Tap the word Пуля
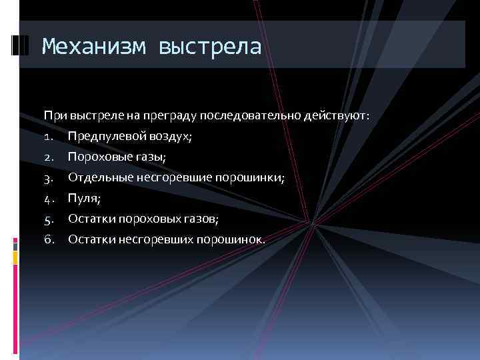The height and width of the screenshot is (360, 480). (83, 199)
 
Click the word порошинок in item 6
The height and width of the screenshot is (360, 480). (230, 239)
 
